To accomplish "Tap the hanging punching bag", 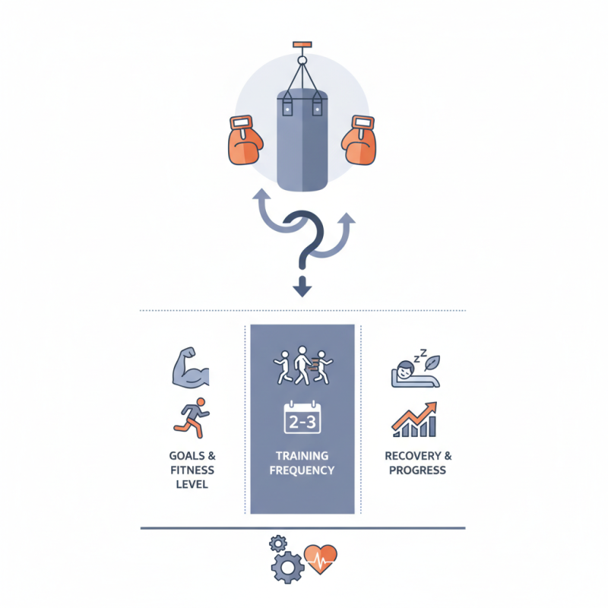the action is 302,140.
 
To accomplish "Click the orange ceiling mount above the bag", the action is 302,45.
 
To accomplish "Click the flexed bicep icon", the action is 191,368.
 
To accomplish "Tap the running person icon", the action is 192,417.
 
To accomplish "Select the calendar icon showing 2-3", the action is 302,417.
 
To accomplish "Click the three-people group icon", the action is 302,366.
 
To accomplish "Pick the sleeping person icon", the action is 415,369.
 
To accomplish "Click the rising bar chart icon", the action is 414,420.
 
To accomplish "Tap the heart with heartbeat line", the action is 320,559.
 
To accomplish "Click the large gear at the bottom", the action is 287,568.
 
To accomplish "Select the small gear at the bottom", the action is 278,543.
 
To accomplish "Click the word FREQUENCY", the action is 302,470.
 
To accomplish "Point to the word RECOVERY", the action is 413,456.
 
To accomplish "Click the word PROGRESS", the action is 417,470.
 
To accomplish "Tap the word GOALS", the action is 187,456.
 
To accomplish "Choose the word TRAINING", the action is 302,456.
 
